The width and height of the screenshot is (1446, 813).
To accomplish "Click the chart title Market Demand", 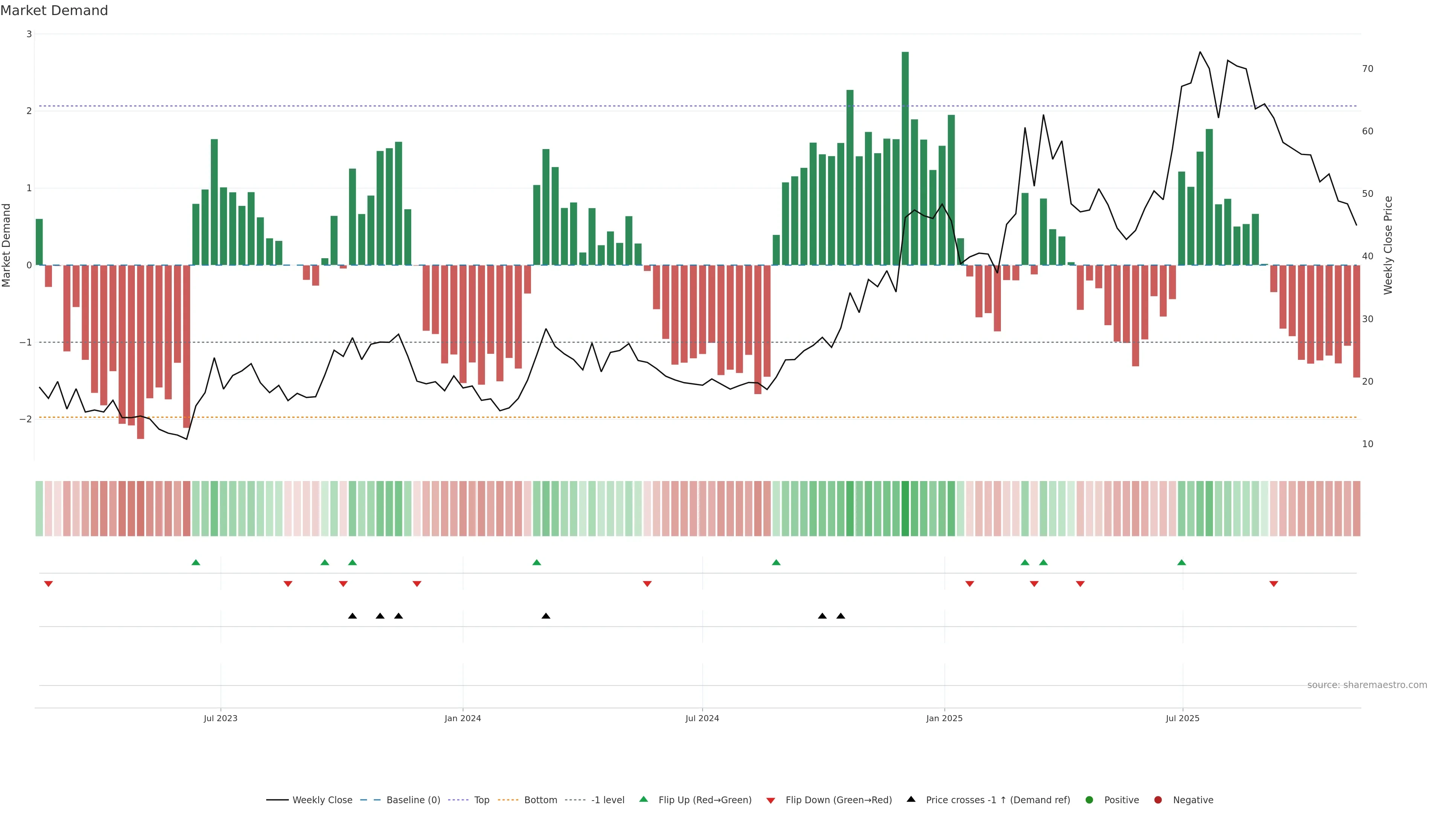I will tap(54, 11).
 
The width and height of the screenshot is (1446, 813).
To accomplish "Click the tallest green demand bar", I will tap(905, 157).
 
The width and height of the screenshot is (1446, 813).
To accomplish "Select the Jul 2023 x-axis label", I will tap(221, 718).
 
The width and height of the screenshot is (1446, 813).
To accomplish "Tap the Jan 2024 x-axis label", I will tap(462, 718).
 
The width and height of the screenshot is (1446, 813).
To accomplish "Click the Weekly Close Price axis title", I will tap(1388, 245).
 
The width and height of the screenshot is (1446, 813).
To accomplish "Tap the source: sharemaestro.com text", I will tap(1367, 685).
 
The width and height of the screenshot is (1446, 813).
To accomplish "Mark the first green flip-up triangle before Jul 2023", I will tap(196, 562).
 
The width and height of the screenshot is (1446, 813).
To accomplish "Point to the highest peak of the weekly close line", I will tap(1200, 52).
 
